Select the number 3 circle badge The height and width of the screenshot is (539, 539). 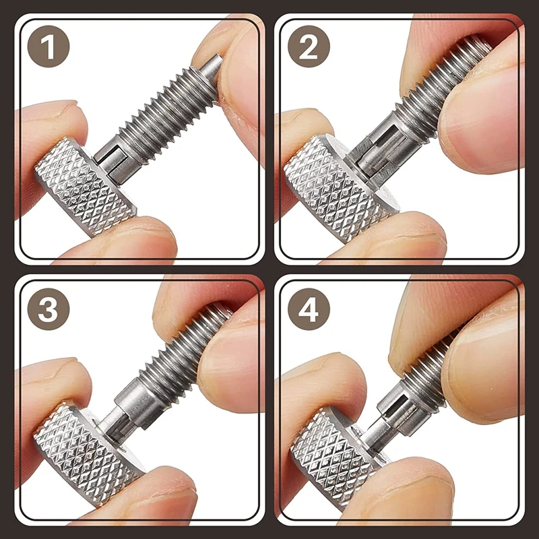(x=49, y=309)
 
